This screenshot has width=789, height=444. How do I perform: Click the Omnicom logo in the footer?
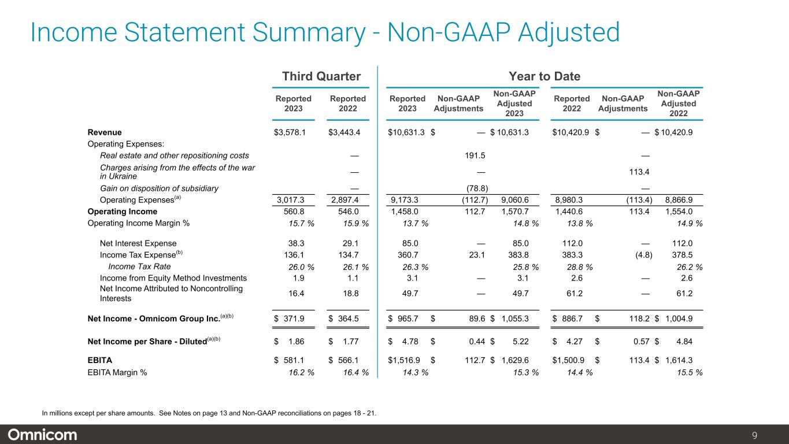pyautogui.click(x=42, y=435)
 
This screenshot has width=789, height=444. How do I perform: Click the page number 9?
pyautogui.click(x=771, y=435)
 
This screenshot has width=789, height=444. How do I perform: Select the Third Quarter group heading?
pyautogui.click(x=321, y=76)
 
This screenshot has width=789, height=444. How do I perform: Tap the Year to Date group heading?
pyautogui.click(x=544, y=76)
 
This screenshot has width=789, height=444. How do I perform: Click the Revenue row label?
pyautogui.click(x=105, y=132)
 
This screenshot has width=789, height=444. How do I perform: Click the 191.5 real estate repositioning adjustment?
pyautogui.click(x=475, y=156)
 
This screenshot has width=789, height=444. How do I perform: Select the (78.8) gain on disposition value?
pyautogui.click(x=477, y=188)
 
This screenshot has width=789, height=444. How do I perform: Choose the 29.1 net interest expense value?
pyautogui.click(x=348, y=243)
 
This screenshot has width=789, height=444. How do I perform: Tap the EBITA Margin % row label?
pyautogui.click(x=117, y=372)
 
